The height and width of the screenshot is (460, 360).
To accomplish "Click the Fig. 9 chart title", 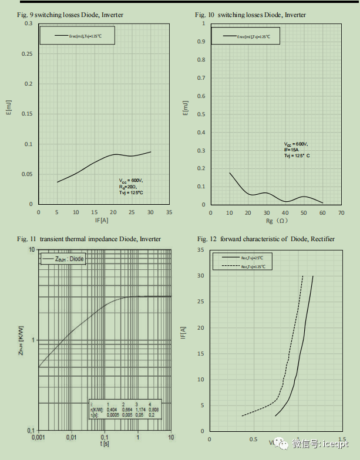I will coord(70,14).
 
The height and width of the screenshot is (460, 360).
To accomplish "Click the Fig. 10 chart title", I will coord(250,14).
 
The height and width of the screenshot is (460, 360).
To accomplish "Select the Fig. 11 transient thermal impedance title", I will coord(88,239).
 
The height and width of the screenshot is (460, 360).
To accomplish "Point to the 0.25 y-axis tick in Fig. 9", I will coord(28,53).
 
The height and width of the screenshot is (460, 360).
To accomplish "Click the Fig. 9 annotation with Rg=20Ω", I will coord(131,187).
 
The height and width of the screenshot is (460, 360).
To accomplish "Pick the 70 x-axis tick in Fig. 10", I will coord(341,212).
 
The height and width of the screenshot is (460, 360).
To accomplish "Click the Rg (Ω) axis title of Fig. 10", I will coord(275,221).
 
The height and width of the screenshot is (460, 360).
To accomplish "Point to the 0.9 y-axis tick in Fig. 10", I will coord(201,42).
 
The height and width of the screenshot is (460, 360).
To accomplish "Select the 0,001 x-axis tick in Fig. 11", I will coord(38,438).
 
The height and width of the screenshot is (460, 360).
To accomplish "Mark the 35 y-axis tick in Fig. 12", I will coord(201,250).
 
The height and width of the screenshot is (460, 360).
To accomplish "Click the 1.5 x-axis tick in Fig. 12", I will coord(341,438).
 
